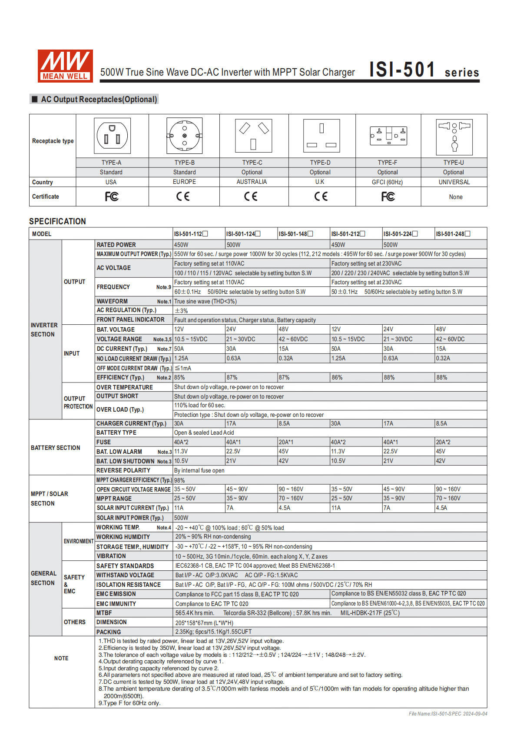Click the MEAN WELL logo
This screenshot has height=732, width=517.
(65, 66)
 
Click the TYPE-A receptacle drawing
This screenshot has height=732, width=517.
(112, 136)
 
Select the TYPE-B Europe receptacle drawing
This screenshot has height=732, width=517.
(184, 136)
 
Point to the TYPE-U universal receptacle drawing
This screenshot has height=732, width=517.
(454, 136)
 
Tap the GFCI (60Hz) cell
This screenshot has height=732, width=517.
(387, 182)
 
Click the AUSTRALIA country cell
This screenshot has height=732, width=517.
(252, 182)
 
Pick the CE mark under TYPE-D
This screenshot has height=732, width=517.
(321, 196)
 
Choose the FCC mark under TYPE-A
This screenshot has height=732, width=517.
(112, 196)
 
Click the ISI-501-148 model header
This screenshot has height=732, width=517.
(293, 234)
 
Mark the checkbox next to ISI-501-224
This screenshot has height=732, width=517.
(415, 234)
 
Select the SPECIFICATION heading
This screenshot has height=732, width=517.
(57, 221)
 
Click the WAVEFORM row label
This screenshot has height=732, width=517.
(112, 301)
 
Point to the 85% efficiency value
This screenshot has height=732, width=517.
(179, 377)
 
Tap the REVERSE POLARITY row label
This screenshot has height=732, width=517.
(123, 470)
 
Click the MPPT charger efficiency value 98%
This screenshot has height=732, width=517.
(179, 480)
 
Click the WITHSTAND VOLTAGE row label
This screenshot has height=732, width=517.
(125, 575)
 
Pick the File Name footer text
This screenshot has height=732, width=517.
(448, 714)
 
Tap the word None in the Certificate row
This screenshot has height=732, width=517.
(456, 197)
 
